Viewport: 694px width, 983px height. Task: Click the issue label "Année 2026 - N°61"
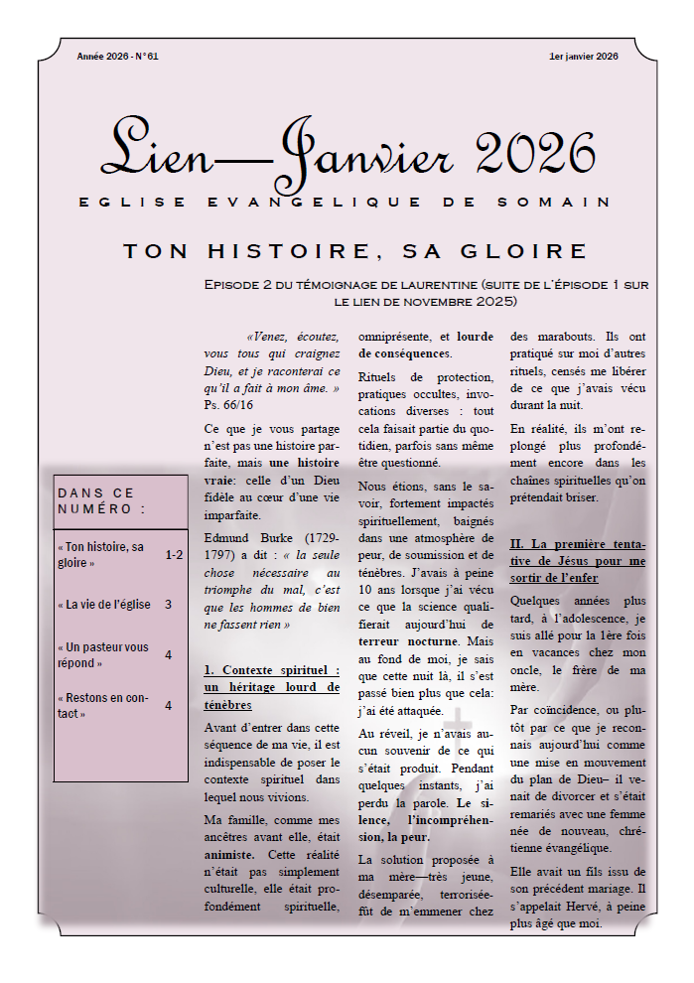[117, 57]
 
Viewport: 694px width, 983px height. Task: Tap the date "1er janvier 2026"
[583, 57]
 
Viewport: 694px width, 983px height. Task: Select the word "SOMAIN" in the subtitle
[573, 203]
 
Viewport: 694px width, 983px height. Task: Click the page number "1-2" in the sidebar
[174, 555]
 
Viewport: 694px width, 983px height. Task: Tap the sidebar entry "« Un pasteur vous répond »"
[103, 654]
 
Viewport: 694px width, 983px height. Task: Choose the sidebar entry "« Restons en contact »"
[99, 705]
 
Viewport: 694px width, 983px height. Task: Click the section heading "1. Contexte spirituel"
[271, 670]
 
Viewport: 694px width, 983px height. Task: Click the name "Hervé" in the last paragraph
[579, 908]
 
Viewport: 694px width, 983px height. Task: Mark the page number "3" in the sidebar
[168, 604]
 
